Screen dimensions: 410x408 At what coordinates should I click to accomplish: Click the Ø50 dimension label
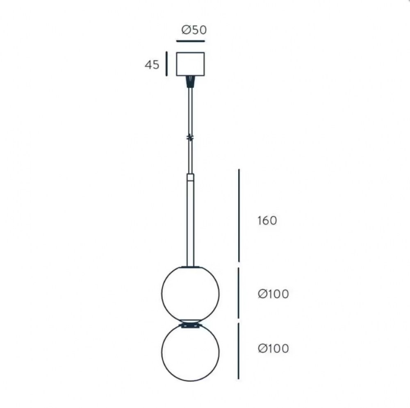coord(194,30)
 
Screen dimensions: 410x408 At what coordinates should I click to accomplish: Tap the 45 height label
coord(152,65)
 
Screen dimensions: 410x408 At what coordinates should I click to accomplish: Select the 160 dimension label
coord(267,221)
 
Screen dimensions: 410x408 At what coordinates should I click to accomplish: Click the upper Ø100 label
coord(273,294)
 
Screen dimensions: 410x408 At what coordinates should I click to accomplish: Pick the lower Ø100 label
coord(273,348)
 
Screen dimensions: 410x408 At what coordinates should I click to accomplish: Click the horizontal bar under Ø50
coord(190,41)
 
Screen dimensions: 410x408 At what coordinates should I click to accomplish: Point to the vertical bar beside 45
coord(166,64)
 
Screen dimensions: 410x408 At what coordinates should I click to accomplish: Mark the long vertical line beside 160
coord(239,215)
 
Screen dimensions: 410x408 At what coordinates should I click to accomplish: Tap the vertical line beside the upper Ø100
coord(239,293)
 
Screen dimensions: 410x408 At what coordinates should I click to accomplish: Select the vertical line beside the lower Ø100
coord(239,351)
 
